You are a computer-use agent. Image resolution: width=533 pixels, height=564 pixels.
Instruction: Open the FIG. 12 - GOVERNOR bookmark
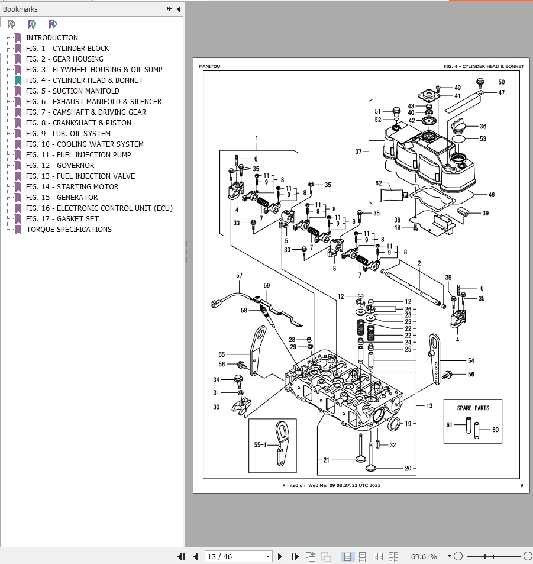(x=60, y=166)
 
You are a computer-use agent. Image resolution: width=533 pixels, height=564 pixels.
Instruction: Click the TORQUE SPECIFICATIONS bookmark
(x=69, y=230)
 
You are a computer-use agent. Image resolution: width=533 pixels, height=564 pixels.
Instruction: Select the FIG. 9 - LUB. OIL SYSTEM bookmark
(x=68, y=134)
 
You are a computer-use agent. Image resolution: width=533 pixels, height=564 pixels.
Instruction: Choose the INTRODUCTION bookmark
(x=52, y=38)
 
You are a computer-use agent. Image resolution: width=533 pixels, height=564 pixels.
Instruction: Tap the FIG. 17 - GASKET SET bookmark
(x=62, y=219)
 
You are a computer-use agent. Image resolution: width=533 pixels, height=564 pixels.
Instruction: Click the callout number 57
(x=240, y=276)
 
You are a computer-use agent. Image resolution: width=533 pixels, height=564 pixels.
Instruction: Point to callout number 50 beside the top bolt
(x=501, y=82)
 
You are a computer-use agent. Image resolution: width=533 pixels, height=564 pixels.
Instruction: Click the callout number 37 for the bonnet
(x=358, y=152)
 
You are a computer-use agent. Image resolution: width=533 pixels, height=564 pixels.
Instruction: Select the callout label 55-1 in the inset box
(x=261, y=444)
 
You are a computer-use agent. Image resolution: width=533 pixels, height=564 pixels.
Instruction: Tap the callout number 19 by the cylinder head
(x=408, y=424)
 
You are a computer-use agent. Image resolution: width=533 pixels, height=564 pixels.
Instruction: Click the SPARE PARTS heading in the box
(x=473, y=408)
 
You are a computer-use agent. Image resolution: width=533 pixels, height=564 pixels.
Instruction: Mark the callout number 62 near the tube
(x=379, y=183)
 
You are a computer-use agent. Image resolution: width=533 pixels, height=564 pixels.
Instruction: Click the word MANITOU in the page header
(x=209, y=67)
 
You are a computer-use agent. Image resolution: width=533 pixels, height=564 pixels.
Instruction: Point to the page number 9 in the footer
(x=521, y=485)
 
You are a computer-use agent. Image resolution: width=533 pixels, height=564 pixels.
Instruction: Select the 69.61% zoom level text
(x=424, y=557)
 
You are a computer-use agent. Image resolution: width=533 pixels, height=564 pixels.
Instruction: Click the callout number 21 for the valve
(x=327, y=460)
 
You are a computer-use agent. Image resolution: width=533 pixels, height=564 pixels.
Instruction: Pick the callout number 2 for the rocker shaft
(x=419, y=263)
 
